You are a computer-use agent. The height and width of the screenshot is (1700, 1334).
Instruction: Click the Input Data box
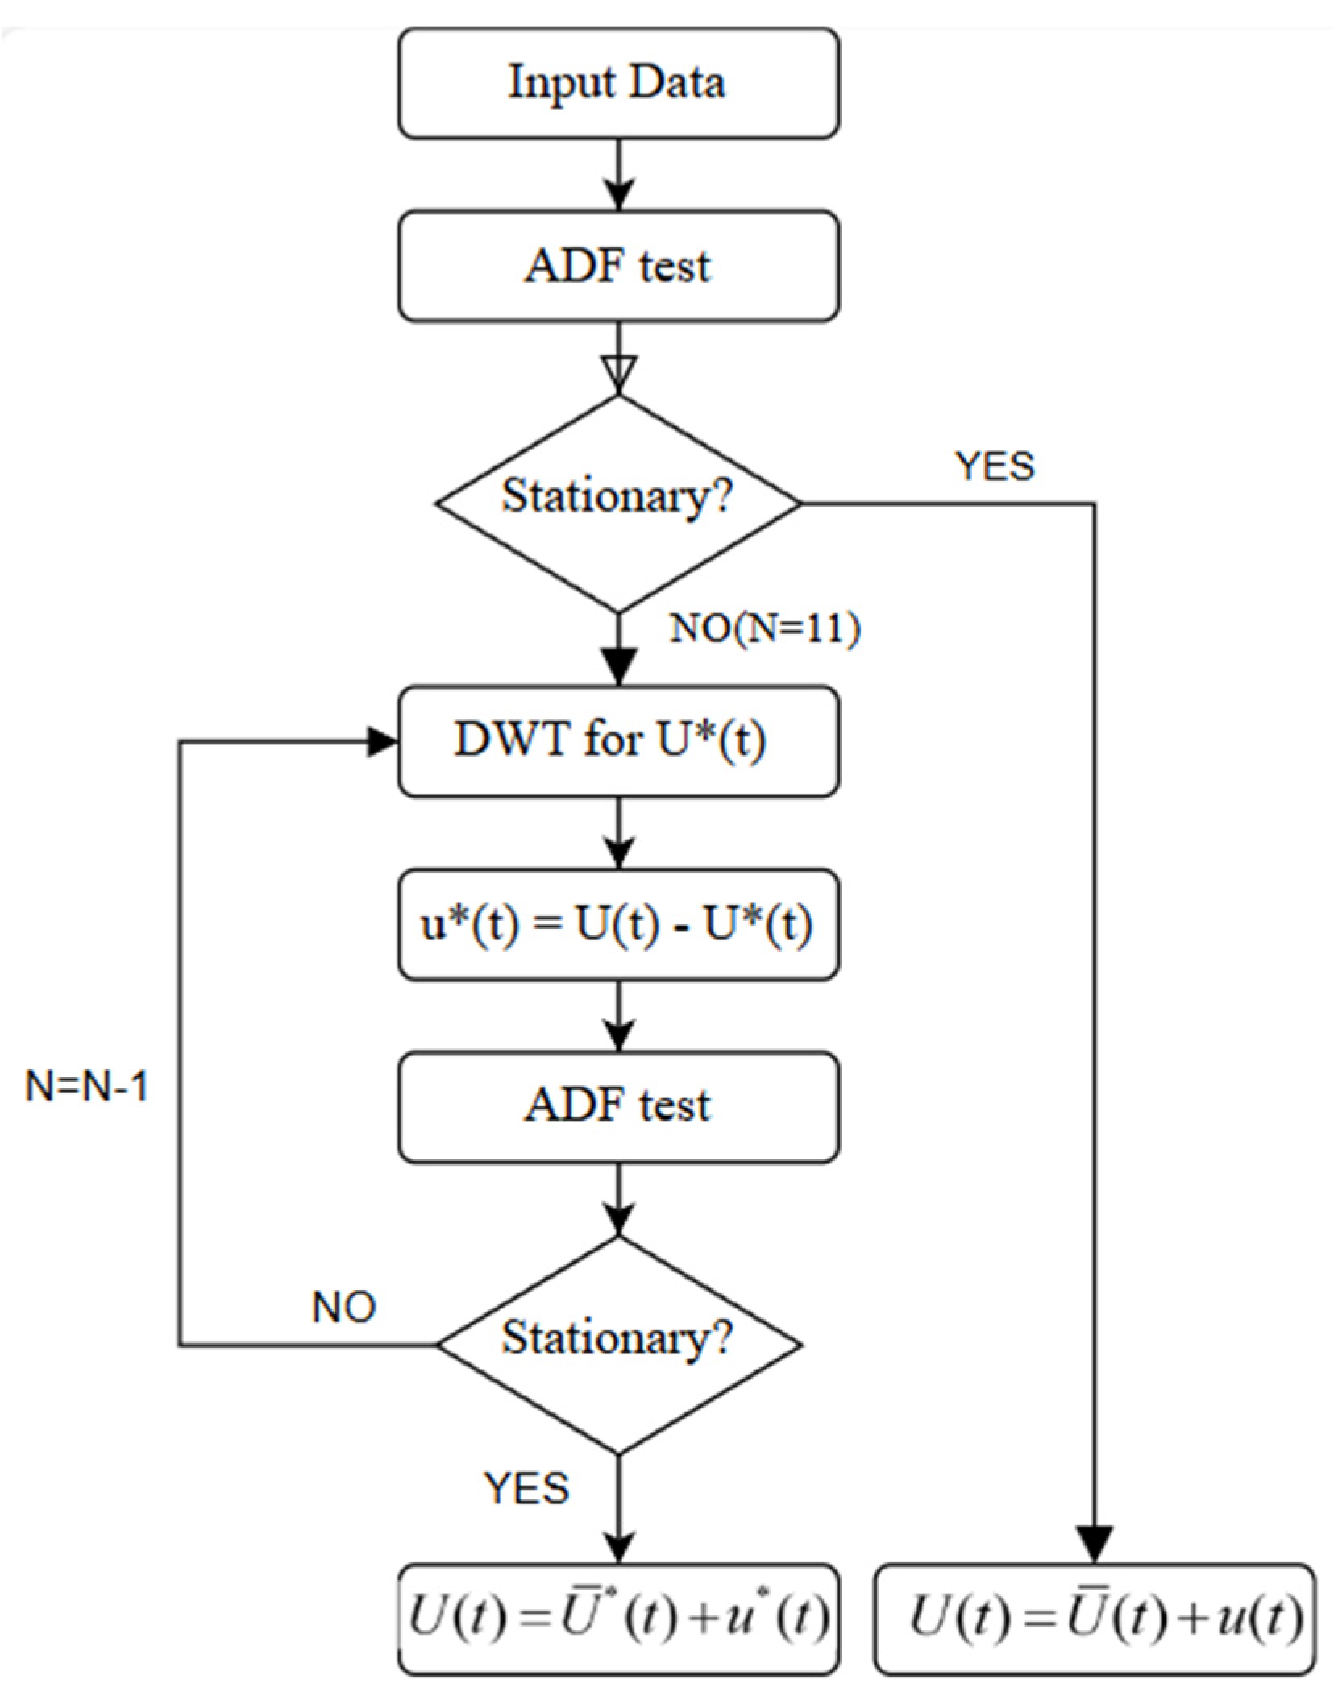point(618,83)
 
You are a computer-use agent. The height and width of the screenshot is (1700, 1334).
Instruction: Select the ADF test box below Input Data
point(618,266)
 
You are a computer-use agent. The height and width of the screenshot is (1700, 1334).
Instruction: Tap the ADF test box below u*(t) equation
point(618,1106)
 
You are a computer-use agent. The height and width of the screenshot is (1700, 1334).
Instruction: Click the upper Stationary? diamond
point(618,504)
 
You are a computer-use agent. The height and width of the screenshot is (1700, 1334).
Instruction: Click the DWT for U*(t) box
point(618,741)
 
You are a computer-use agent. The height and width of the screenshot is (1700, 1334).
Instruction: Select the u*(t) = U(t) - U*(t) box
point(618,924)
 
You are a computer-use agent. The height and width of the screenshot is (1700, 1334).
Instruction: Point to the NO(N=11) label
point(765,628)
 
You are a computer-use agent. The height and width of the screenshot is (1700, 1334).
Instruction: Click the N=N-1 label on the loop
point(87,1087)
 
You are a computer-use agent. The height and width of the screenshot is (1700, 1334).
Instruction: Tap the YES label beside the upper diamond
point(995,466)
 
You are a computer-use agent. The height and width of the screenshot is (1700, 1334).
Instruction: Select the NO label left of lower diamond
point(344,1307)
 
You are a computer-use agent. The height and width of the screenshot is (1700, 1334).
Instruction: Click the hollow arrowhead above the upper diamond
point(618,374)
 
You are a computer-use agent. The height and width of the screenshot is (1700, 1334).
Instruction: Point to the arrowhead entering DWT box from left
point(383,741)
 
